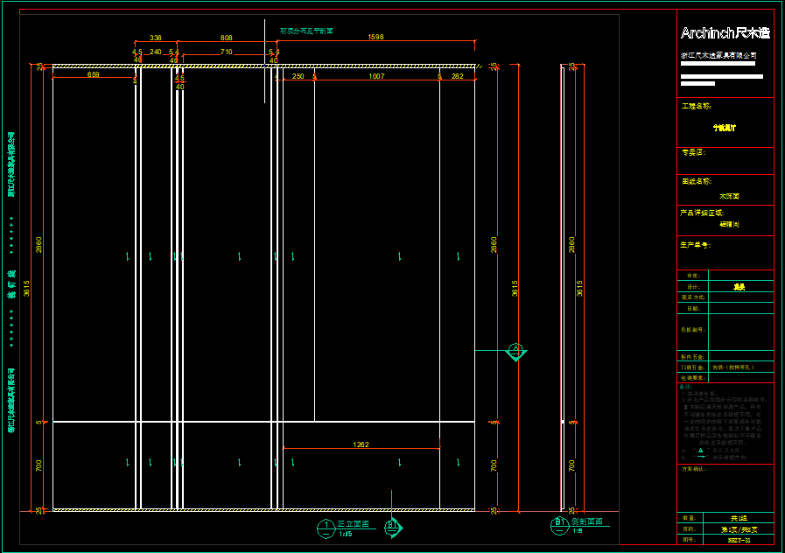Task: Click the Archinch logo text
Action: point(725,33)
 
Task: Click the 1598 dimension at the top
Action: point(376,38)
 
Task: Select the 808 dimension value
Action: point(226,38)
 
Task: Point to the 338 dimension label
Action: point(156,38)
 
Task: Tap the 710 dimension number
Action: point(226,52)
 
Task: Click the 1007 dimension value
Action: point(376,77)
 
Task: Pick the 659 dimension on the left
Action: point(93,75)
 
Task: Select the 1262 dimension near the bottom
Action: point(361,444)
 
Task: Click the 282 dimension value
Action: point(457,77)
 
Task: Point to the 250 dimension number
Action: point(298,77)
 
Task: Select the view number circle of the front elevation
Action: point(326,525)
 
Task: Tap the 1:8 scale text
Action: point(578,530)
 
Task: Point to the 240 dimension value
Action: point(156,52)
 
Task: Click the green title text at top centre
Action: point(306,31)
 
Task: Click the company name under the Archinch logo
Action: point(718,55)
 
